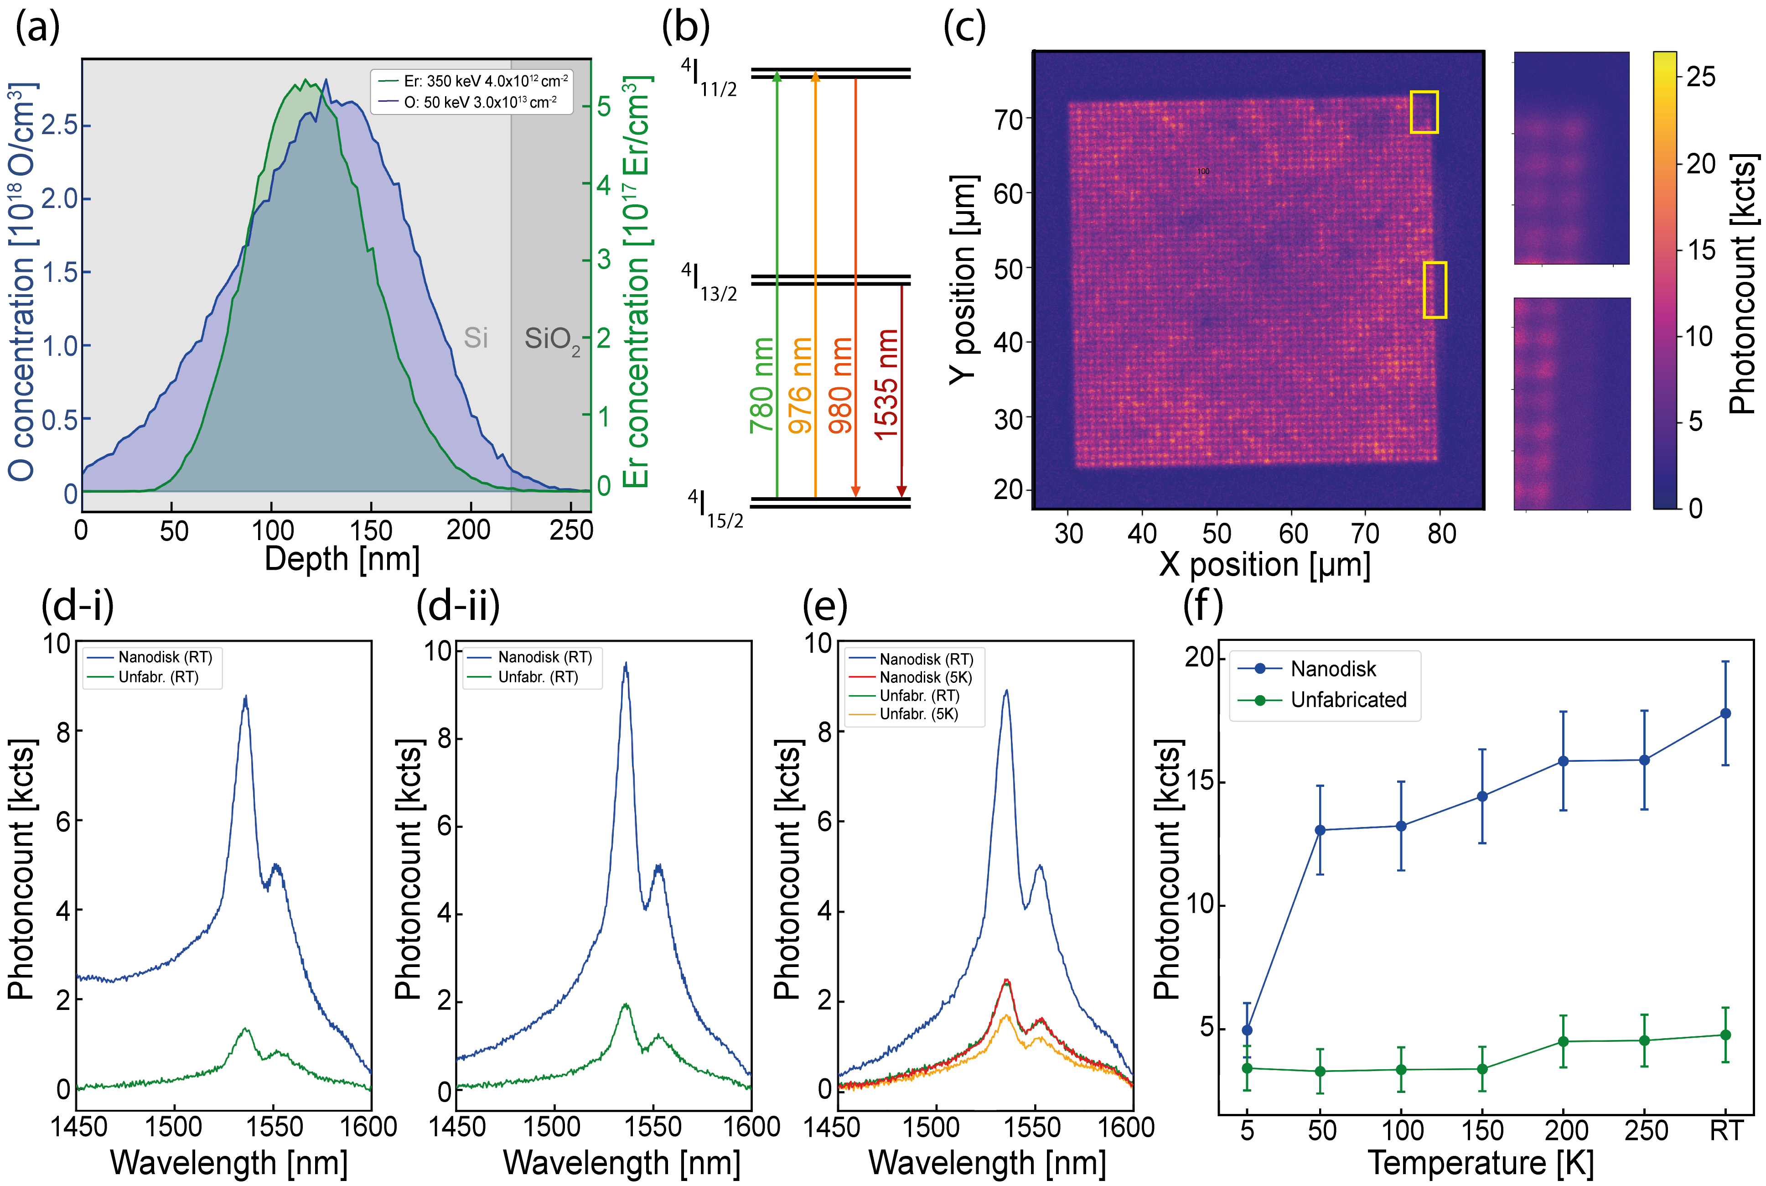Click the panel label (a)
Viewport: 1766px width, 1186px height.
click(38, 29)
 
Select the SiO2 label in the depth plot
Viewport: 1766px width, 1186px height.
click(551, 340)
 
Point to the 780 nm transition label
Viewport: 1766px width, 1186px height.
click(762, 386)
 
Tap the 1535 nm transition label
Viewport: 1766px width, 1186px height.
click(887, 384)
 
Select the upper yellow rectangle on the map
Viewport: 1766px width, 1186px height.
click(1424, 112)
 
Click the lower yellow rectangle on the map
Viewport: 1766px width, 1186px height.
click(1435, 290)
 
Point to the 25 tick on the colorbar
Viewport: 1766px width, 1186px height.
click(1700, 76)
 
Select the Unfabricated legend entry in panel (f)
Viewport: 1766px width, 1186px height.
click(1348, 700)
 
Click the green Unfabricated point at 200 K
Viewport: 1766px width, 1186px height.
click(1564, 1041)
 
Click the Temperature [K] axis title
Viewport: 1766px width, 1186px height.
click(1480, 1163)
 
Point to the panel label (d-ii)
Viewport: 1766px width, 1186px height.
click(458, 606)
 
